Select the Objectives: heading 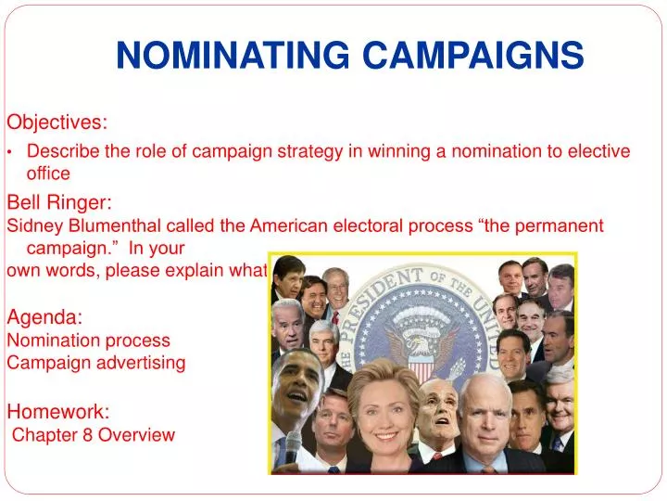pos(57,122)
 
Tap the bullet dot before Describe pos(10,152)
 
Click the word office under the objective pos(48,173)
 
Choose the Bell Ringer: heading pos(60,201)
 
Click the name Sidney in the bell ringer pos(32,225)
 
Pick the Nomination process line pos(89,340)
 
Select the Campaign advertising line pos(96,363)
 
